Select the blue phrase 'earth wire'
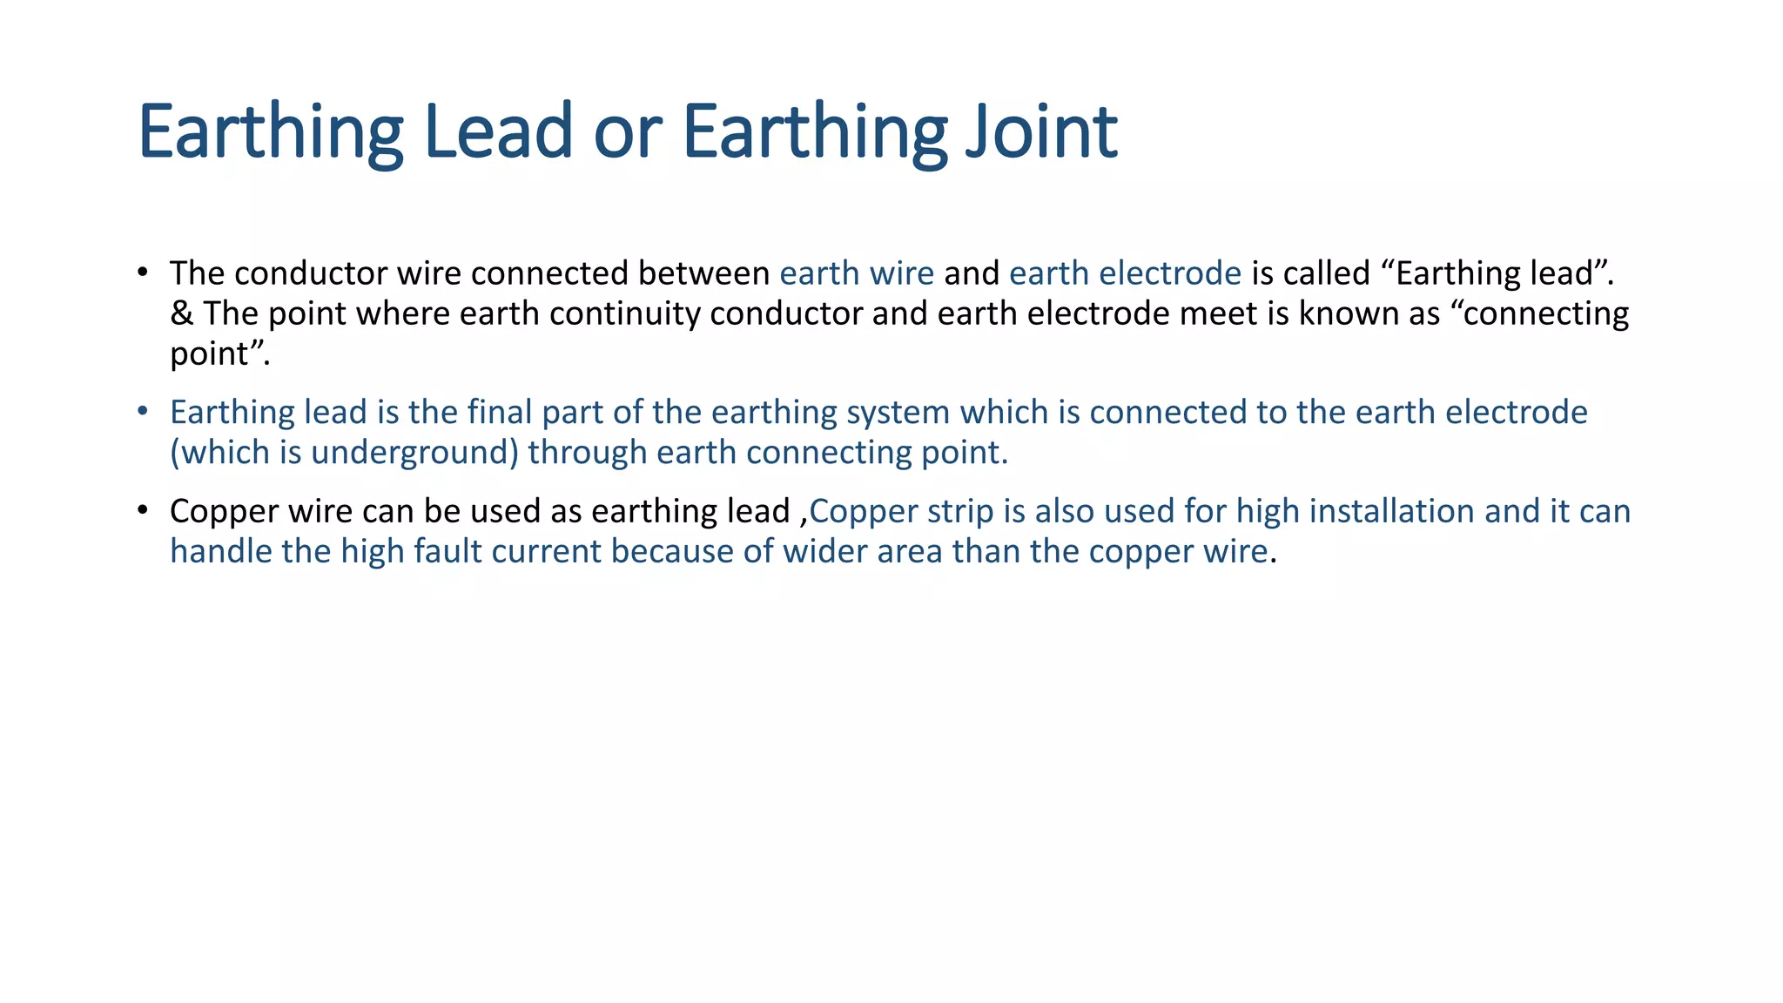(857, 273)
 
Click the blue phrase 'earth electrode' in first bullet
(1125, 273)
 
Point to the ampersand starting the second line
(181, 313)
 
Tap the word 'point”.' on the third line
(219, 354)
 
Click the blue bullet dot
(143, 410)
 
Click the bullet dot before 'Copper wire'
(143, 509)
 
